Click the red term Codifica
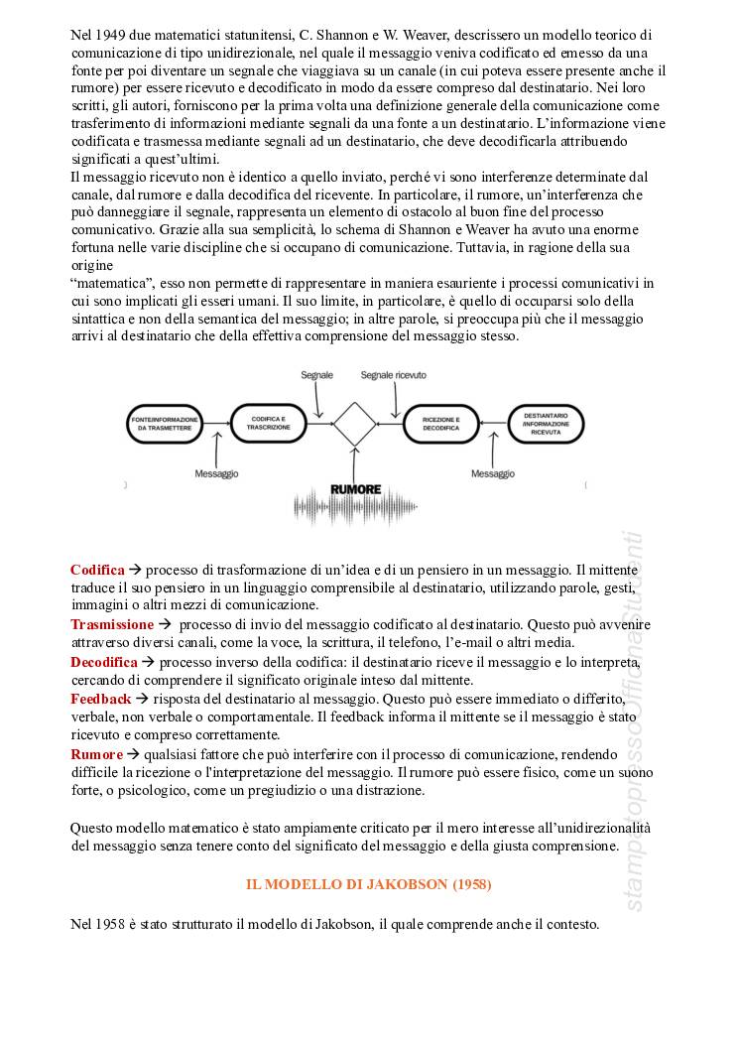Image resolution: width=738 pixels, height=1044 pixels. point(97,570)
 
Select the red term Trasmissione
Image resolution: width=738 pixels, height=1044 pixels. point(112,624)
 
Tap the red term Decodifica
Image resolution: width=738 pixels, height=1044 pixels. point(103,662)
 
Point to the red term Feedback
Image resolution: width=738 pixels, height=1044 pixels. point(100,699)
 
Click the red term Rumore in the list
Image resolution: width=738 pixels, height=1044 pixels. point(96,755)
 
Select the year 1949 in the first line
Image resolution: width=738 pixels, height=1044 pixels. point(118,35)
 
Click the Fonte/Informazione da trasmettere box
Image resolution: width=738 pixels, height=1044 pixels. point(164,424)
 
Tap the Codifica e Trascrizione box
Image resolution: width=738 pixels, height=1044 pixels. point(264,424)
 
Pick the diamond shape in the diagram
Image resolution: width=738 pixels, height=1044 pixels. point(355,424)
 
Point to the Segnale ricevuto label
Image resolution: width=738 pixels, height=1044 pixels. point(394,376)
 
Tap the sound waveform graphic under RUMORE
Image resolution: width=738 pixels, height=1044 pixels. point(354,510)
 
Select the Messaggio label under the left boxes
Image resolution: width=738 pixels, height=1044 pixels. point(216,474)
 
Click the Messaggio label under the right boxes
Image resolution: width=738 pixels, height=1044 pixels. point(493,474)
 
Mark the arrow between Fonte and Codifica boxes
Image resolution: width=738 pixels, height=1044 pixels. point(214,424)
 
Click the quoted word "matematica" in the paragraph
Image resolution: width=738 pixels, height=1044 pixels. point(107,283)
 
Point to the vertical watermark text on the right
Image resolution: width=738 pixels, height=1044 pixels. point(636,724)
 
